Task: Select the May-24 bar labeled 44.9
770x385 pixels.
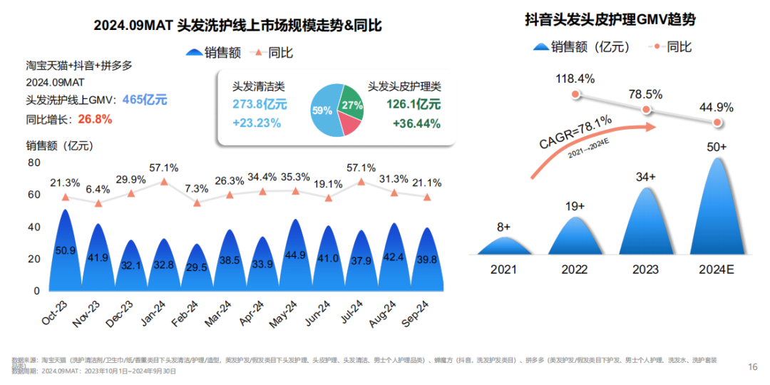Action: click(x=295, y=257)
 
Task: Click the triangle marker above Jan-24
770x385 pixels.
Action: click(x=164, y=183)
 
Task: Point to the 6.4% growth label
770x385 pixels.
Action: click(x=98, y=190)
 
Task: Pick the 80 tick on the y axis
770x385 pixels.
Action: click(x=34, y=163)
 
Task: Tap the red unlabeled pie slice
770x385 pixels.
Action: click(x=349, y=125)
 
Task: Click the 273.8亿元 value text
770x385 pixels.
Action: click(x=260, y=104)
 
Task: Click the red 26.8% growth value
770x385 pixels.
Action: click(x=94, y=119)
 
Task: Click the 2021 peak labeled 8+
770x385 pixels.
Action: click(x=503, y=246)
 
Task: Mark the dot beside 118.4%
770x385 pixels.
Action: click(x=575, y=94)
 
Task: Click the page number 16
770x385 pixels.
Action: click(x=752, y=366)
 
